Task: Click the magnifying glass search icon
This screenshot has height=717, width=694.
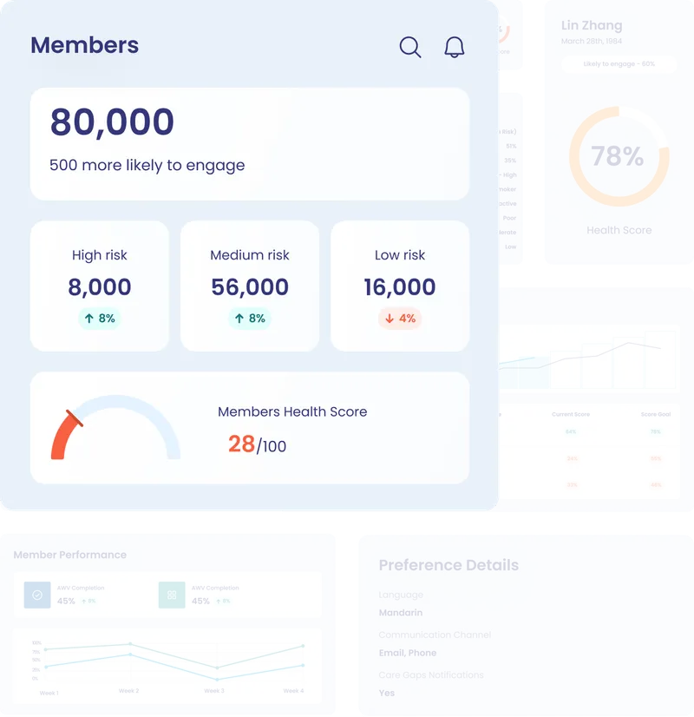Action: pyautogui.click(x=410, y=47)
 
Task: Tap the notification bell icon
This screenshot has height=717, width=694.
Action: pyautogui.click(x=454, y=47)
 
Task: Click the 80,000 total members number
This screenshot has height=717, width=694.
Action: pyautogui.click(x=112, y=122)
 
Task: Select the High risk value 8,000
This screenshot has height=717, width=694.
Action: pyautogui.click(x=100, y=287)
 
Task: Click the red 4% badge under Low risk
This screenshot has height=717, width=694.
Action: pyautogui.click(x=400, y=319)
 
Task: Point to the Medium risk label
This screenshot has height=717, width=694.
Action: pyautogui.click(x=250, y=255)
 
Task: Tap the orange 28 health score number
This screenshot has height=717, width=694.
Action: pyautogui.click(x=241, y=444)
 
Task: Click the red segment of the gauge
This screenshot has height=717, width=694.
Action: pyautogui.click(x=63, y=438)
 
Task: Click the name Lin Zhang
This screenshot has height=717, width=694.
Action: pyautogui.click(x=592, y=25)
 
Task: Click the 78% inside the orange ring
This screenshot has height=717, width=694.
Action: pyautogui.click(x=618, y=156)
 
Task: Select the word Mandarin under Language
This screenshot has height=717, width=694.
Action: pyautogui.click(x=401, y=613)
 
